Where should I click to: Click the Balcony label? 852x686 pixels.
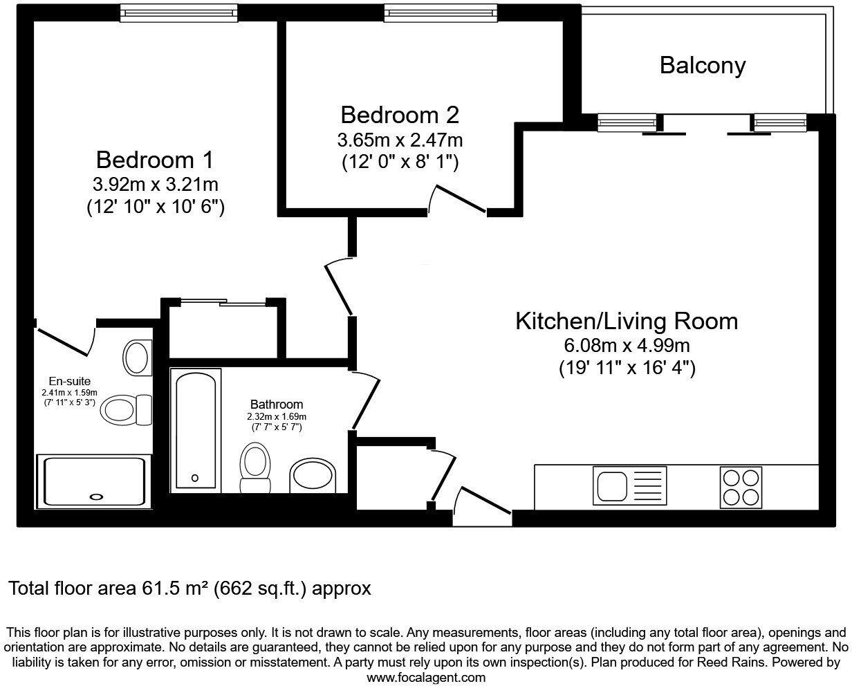[703, 66]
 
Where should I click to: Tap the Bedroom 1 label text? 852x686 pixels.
[155, 160]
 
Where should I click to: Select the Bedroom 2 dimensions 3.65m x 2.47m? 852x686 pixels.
[400, 140]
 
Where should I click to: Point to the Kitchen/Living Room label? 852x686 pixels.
[627, 321]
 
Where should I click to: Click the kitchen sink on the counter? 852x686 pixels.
[629, 485]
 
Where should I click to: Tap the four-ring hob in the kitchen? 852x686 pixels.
[741, 488]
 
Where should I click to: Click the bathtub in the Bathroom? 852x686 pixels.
[196, 431]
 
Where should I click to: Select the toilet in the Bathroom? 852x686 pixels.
[255, 467]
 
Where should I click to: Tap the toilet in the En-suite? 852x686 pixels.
[126, 409]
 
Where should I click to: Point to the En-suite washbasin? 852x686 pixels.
[137, 358]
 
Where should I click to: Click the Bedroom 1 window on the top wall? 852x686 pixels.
[179, 13]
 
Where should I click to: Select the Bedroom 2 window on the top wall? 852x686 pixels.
[441, 13]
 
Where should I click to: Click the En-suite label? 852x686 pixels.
[70, 381]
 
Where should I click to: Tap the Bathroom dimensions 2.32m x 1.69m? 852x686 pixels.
[277, 417]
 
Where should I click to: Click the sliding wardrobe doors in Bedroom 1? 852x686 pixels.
[223, 303]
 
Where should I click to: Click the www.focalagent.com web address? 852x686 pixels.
[426, 678]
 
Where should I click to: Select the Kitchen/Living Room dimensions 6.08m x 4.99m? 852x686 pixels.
[627, 346]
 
